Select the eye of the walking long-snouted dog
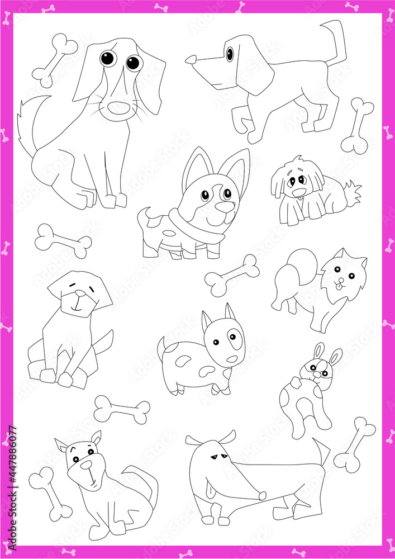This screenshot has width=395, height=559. coord(229,54)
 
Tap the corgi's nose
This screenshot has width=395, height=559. coord(226,207)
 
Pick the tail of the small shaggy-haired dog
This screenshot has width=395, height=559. coord(353,192)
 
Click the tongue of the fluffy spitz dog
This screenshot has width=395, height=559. coord(337,286)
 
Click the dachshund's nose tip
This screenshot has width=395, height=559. coord(261,495)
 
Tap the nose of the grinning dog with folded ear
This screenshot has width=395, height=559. coord(86,465)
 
